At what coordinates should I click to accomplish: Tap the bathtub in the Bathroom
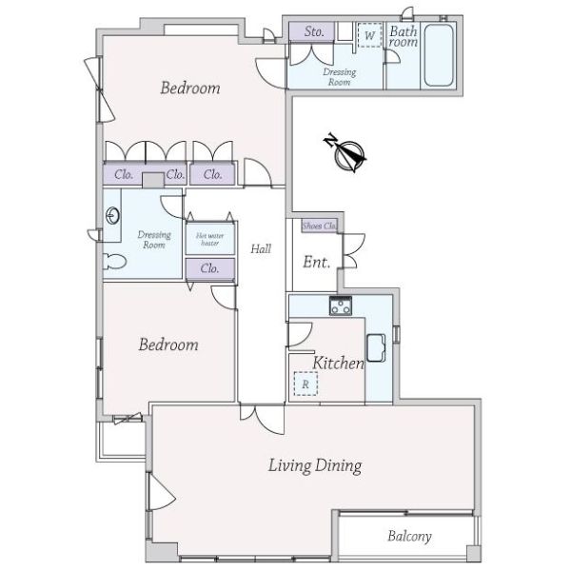(439, 55)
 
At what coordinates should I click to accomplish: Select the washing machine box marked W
(369, 35)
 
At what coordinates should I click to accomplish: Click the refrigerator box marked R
(305, 384)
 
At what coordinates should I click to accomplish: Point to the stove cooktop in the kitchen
(341, 305)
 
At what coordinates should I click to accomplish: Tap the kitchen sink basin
(376, 347)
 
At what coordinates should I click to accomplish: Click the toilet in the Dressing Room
(114, 262)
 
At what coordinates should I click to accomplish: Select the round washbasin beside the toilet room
(112, 216)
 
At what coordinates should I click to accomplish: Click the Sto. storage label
(314, 31)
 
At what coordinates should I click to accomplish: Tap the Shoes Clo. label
(320, 226)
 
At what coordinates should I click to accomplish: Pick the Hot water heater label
(210, 239)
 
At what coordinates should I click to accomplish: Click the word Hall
(261, 249)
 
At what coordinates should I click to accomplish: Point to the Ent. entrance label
(317, 262)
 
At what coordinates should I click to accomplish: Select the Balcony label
(409, 536)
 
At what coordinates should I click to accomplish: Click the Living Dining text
(315, 465)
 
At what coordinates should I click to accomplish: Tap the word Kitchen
(338, 363)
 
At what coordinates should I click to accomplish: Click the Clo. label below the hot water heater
(209, 268)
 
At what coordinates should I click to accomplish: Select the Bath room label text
(404, 36)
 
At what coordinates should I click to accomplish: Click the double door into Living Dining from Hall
(263, 419)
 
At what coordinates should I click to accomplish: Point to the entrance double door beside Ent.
(353, 251)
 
